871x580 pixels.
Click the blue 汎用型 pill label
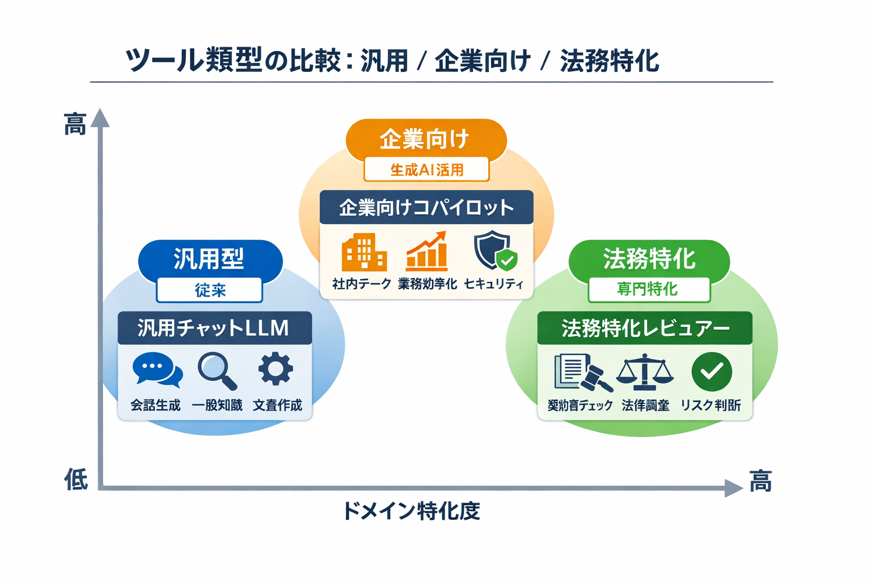210,259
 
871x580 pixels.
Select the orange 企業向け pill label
425,139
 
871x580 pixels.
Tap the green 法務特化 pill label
649,259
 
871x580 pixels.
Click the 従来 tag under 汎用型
210,291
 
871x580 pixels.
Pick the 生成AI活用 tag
426,169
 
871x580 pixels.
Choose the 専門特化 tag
649,289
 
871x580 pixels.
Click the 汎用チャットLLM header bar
214,328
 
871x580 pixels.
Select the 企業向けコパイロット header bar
426,207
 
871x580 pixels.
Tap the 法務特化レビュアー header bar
645,328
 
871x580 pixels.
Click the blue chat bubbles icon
157,370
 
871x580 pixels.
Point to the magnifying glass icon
217,371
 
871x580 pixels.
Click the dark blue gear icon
276,369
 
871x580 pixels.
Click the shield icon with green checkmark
494,250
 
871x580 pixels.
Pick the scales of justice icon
645,372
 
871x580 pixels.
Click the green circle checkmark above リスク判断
712,372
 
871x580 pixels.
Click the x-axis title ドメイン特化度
412,511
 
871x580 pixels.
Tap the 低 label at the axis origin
76,480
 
